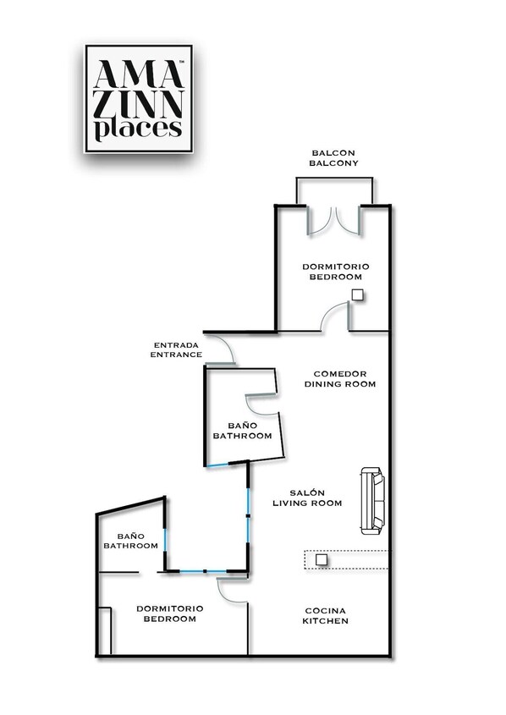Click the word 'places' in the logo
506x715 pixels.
(x=138, y=129)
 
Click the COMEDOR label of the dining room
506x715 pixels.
(x=339, y=373)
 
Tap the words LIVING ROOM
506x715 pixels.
(x=307, y=503)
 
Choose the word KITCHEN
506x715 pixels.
(x=325, y=621)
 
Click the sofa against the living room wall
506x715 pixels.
(x=372, y=500)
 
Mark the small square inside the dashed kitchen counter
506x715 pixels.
(x=322, y=559)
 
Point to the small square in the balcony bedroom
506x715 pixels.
(x=358, y=295)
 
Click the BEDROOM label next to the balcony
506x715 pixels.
(x=335, y=277)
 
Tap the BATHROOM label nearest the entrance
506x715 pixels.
(x=242, y=437)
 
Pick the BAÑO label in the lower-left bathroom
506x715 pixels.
(x=131, y=536)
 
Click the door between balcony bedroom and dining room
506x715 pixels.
(x=335, y=316)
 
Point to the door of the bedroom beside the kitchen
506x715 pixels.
(x=232, y=590)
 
